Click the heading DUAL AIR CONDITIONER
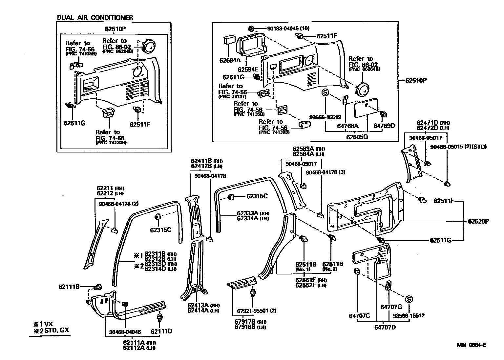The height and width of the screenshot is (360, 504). [95, 17]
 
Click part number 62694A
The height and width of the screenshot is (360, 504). [230, 60]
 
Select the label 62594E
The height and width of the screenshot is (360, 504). [248, 70]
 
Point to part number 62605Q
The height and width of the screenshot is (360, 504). [357, 137]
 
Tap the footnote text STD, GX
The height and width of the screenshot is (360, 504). [54, 330]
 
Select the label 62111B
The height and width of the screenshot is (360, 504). [69, 287]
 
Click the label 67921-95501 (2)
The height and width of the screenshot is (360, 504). [252, 311]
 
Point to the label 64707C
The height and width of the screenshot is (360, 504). [359, 316]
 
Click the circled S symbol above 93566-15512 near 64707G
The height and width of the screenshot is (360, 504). [409, 299]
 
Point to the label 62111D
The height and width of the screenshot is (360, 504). [161, 331]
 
